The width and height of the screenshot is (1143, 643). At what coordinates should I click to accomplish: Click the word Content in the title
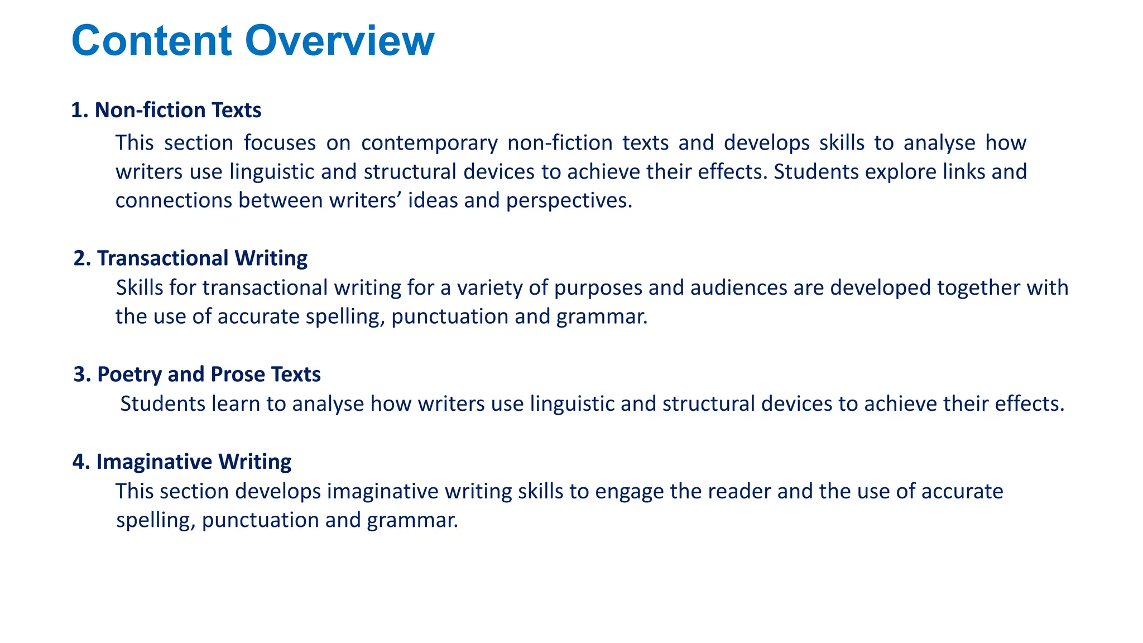coord(151,41)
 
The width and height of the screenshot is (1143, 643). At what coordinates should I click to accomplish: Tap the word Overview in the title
coord(339,41)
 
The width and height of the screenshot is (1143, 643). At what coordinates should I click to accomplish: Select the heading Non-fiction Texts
coord(177,110)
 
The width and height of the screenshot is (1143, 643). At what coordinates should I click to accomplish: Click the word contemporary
coord(429,143)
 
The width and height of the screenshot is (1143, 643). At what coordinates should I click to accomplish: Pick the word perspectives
coord(569,200)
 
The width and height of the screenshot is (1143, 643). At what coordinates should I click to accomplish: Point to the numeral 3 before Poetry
coord(79,374)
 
